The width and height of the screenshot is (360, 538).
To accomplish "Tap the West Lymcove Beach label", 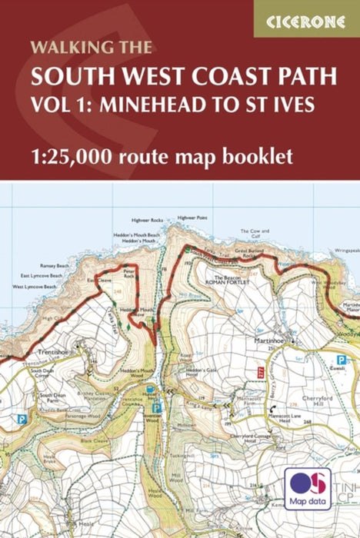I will pyautogui.click(x=35, y=286).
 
